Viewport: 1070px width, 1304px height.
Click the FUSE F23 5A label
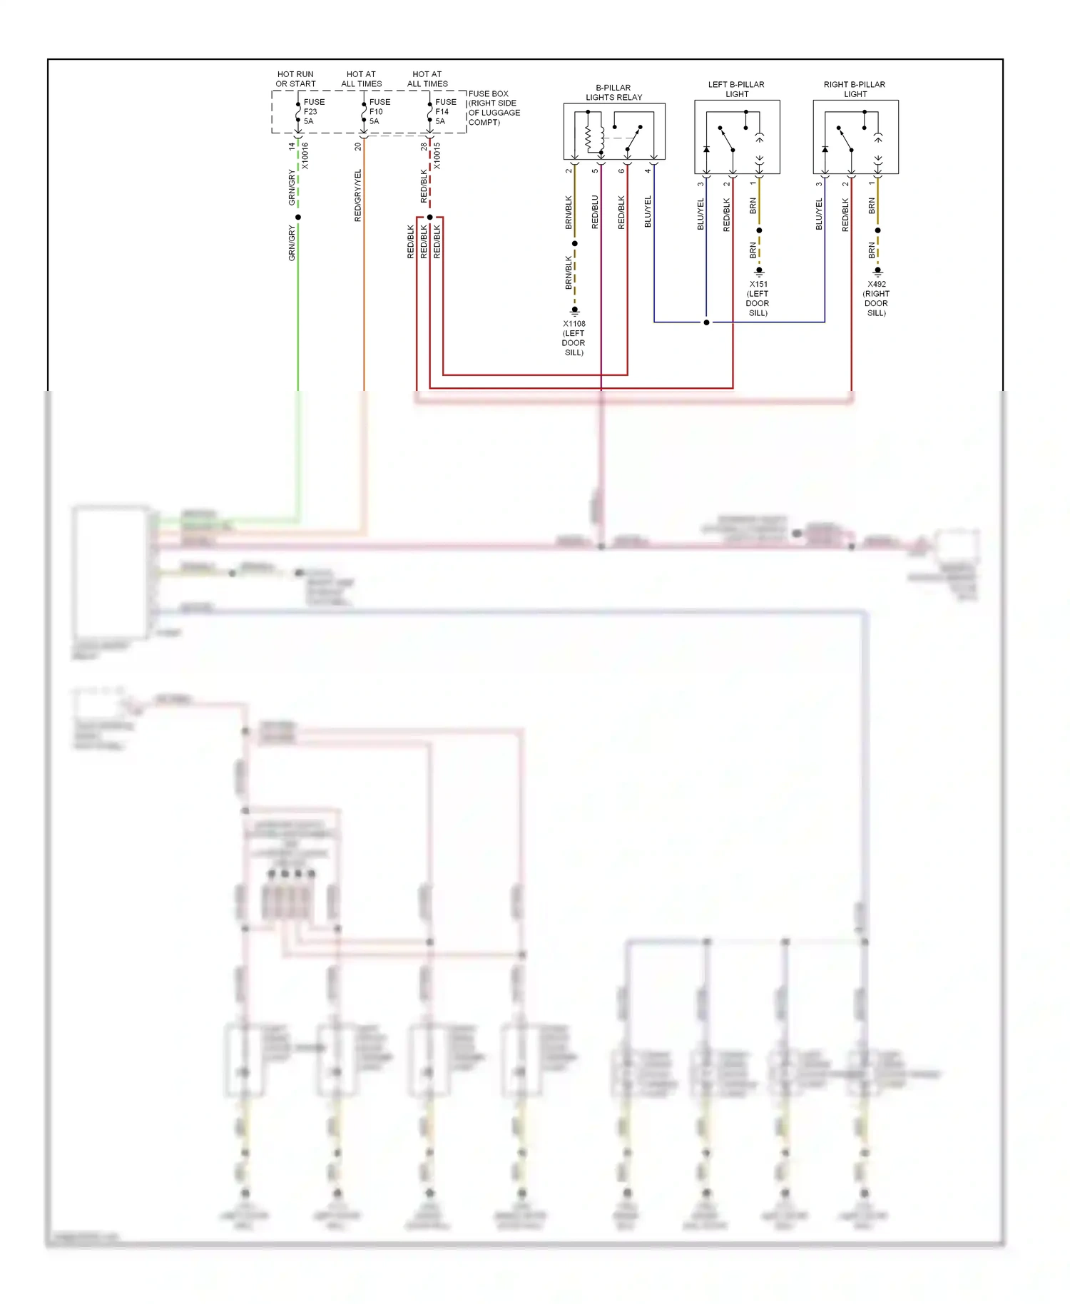313,112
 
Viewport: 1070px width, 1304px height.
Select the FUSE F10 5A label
379,112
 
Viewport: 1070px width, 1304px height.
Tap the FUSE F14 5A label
445,112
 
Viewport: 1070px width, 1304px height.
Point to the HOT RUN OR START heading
295,79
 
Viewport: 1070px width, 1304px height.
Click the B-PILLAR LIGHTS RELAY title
613,93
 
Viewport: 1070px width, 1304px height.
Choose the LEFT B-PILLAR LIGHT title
736,89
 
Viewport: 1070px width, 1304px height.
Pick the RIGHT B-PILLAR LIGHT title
855,89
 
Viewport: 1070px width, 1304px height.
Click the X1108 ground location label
574,338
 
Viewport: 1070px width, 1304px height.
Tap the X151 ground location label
758,298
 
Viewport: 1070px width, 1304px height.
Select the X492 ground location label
876,298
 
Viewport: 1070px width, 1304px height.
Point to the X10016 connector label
305,156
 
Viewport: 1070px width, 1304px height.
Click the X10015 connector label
437,156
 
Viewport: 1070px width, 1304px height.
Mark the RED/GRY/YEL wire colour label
358,195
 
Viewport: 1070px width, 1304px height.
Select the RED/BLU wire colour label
595,212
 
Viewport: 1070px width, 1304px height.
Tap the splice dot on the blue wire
706,322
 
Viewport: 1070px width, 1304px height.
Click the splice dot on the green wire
298,217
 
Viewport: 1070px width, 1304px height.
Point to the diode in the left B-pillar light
706,149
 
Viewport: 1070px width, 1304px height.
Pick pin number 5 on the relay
595,170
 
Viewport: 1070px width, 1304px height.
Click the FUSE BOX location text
494,108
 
